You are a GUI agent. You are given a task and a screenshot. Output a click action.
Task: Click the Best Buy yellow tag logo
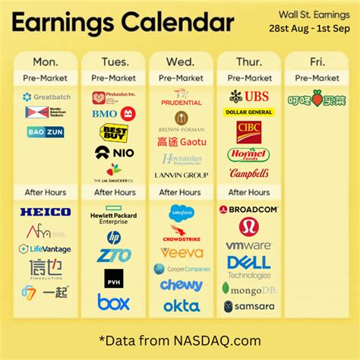point(113,133)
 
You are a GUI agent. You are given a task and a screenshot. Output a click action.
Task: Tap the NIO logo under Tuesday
point(114,152)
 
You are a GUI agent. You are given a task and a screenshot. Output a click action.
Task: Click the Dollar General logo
point(248,112)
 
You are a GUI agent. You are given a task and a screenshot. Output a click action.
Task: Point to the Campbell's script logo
point(248,173)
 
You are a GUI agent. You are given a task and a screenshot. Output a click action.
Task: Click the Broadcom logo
point(248,209)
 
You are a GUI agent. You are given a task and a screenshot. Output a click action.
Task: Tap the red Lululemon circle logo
point(248,226)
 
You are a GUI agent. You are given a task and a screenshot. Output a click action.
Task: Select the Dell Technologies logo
point(248,267)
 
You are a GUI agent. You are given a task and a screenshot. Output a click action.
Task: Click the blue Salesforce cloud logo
point(182,213)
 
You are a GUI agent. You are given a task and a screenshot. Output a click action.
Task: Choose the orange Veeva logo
point(182,252)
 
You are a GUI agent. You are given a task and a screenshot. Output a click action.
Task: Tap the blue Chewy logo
point(182,285)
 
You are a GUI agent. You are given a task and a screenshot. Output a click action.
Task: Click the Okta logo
point(182,305)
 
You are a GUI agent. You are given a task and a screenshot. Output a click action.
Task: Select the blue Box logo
point(114,302)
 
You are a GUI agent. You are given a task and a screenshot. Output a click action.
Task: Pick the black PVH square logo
point(114,278)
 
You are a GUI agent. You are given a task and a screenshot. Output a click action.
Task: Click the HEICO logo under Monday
point(46,211)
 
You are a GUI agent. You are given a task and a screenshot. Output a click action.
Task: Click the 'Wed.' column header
point(181,61)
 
